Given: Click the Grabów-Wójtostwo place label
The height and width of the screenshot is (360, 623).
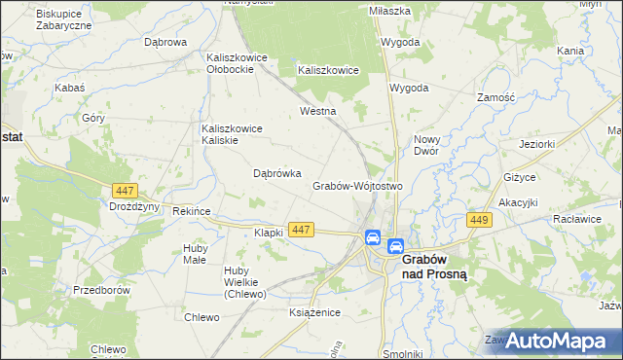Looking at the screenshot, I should (x=357, y=186).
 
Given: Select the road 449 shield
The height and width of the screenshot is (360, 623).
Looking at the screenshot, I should (x=478, y=222).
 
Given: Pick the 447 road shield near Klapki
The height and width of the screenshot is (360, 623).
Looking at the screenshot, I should (x=301, y=230).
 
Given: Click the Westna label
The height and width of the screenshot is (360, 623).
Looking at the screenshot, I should (x=317, y=112).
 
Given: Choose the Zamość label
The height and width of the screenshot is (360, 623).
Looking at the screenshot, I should (x=502, y=98).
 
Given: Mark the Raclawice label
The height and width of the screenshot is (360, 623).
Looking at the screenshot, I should (x=575, y=220).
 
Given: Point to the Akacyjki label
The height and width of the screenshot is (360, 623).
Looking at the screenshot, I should (x=519, y=202).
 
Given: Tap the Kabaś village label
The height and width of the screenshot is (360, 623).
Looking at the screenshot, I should (x=70, y=88).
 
